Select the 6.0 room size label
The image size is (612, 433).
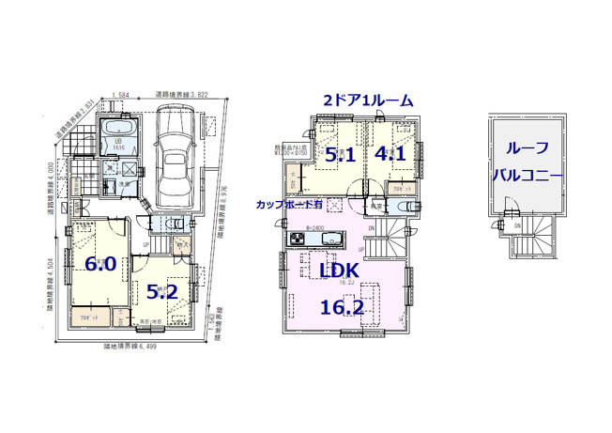[100, 264]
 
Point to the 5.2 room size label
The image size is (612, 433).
[162, 292]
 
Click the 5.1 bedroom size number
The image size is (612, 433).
[339, 156]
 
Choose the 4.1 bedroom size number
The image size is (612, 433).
[390, 153]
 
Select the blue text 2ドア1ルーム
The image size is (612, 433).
[368, 100]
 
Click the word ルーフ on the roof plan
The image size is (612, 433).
[528, 148]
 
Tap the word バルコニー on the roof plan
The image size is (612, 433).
[528, 176]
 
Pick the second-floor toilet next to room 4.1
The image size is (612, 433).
[400, 191]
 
